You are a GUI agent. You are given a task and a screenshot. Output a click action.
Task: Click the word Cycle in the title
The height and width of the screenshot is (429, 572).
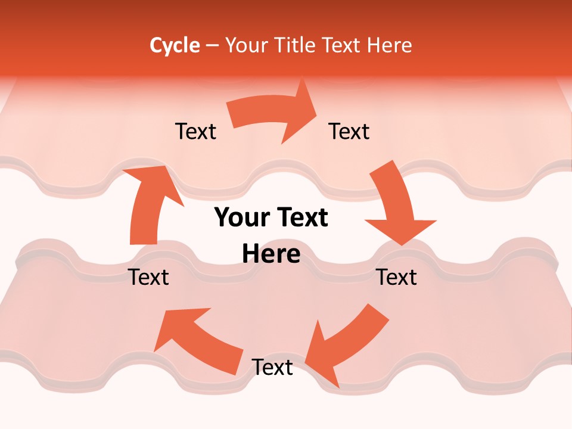tap(175, 45)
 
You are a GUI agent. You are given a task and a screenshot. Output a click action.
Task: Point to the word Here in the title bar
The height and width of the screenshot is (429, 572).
tap(390, 45)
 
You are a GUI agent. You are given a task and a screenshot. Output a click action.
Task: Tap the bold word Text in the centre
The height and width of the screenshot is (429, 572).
tap(301, 218)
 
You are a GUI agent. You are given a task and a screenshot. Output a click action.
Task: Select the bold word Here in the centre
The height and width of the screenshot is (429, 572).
tap(271, 254)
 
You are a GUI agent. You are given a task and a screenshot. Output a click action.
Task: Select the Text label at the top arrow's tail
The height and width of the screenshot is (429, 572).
tap(195, 131)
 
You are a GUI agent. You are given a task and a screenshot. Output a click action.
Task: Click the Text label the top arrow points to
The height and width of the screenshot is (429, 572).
tap(349, 131)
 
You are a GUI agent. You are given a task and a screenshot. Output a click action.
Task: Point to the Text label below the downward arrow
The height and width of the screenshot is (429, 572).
tap(396, 277)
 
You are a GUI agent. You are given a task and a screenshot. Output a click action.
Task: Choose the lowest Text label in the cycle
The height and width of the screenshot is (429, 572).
tap(272, 367)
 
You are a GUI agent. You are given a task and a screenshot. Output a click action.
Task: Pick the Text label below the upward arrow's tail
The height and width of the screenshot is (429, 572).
tap(149, 277)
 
